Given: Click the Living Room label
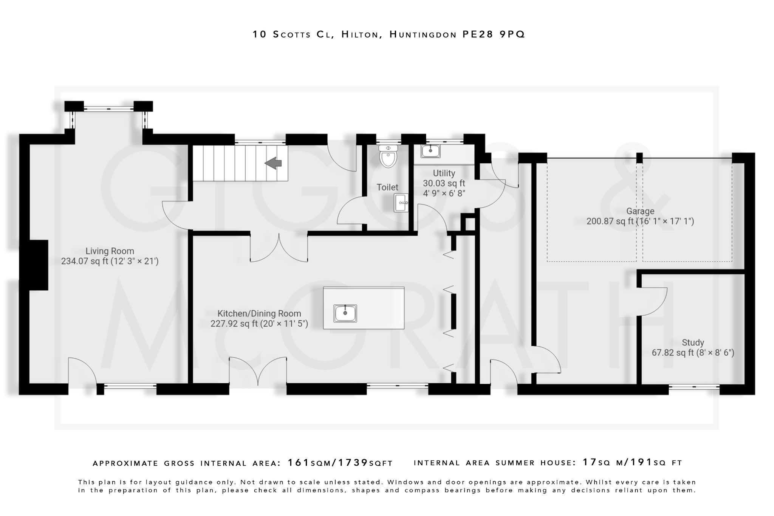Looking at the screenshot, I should coord(110,251).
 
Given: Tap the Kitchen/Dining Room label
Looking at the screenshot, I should coord(259,313).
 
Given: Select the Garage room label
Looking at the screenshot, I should coord(640,211).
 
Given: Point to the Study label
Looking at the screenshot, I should coord(693,342).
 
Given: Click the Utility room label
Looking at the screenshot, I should coord(444,173).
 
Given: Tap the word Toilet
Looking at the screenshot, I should coord(387,187).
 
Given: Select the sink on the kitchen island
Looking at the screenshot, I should coord(345,313).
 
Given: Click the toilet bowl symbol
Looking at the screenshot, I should coord(388,157).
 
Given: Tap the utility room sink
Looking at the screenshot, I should coord(430,151).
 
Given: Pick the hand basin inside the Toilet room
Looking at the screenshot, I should coord(401,203).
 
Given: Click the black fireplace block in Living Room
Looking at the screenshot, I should coord(39,265).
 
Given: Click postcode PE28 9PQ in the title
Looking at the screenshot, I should coord(494,34).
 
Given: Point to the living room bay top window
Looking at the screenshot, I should coord(108,109).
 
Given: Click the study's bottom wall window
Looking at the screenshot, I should coord(694,387).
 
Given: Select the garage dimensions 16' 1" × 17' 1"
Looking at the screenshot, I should coord(665,221).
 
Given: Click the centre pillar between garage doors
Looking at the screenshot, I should coord(639,157).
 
